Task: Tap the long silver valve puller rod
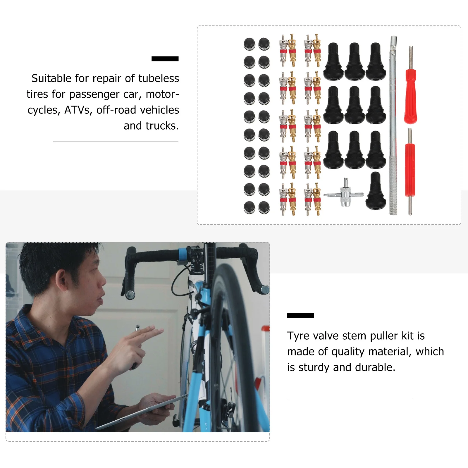pos(393,126)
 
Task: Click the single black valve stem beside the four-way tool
pos(376,192)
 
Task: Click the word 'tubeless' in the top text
pos(159,78)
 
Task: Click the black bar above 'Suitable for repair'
pos(165,59)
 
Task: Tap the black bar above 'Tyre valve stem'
pos(300,316)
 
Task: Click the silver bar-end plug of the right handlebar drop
pos(265,290)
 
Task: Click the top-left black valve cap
pos(249,44)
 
